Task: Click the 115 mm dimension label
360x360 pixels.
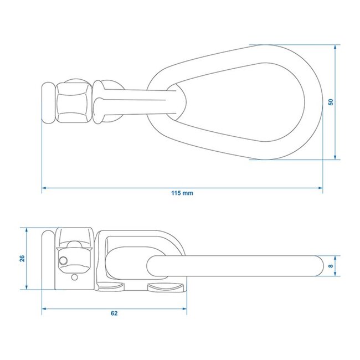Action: [x=182, y=193]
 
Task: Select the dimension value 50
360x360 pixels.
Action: [x=331, y=102]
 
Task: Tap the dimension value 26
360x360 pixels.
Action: [x=22, y=259]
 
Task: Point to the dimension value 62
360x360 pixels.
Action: [x=114, y=313]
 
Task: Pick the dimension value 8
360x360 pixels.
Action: [x=331, y=266]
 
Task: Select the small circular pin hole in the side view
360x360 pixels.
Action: [x=65, y=260]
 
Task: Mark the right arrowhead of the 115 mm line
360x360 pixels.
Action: [x=321, y=188]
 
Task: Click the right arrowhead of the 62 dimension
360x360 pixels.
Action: [x=187, y=307]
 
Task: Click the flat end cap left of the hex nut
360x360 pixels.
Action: [x=48, y=103]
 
